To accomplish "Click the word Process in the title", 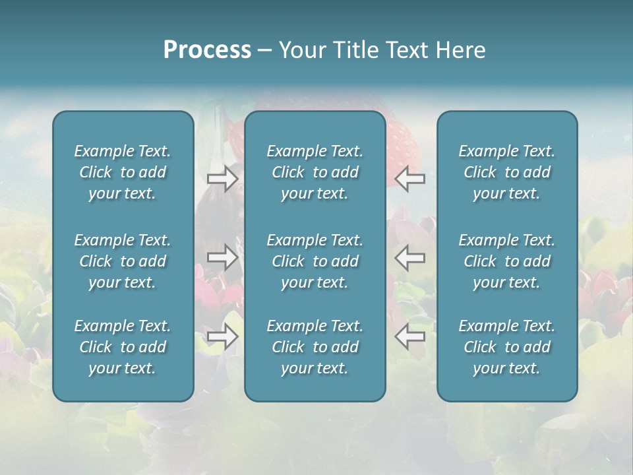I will pos(207,50).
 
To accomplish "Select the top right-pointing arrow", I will pos(222,179).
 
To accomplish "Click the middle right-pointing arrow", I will pos(222,257).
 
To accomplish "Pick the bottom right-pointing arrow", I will pos(222,336).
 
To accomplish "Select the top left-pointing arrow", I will pos(410,179).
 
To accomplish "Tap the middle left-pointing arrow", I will pos(410,257).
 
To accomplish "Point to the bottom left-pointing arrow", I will pos(410,336).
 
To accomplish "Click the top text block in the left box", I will pos(123,172).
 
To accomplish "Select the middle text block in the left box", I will pos(123,261).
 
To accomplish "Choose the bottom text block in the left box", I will pos(123,347).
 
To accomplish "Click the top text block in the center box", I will pos(315,172).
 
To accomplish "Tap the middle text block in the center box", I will pos(315,261).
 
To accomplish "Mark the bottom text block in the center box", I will pos(315,347).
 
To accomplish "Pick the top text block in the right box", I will pos(506,172).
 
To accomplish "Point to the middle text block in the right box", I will pos(506,261).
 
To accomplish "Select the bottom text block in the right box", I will pos(506,347).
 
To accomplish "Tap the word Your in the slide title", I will pos(304,50).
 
